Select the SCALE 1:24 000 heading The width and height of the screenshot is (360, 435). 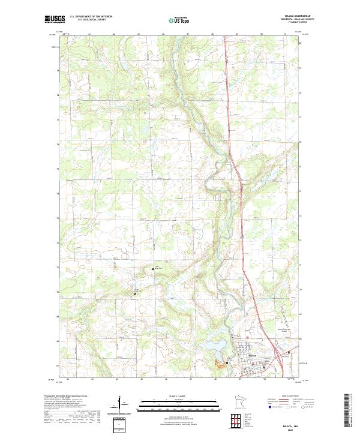(179, 396)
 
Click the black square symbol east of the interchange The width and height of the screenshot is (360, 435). (289, 352)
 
